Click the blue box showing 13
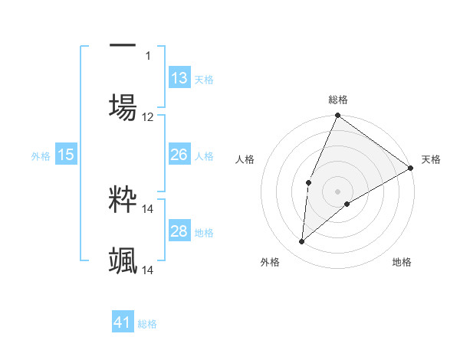tap(179, 78)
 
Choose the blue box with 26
tap(179, 155)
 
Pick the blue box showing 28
tap(179, 231)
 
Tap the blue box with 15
tap(66, 155)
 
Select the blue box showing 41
tap(123, 322)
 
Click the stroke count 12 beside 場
tap(148, 117)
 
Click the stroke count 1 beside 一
tap(149, 55)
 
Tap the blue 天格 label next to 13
tap(203, 80)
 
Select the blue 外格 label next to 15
tap(41, 156)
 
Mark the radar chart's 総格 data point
tap(337, 116)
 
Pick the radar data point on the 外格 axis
tap(302, 241)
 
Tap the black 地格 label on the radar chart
tap(402, 262)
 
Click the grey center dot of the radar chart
tap(337, 191)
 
